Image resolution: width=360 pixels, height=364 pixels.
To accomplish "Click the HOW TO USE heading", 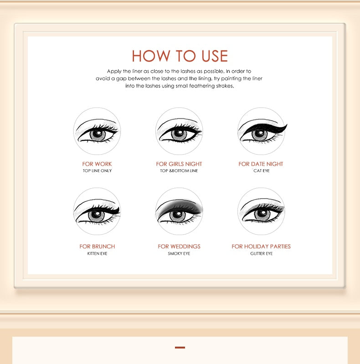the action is pyautogui.click(x=180, y=56).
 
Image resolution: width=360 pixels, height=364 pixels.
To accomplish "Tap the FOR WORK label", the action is pyautogui.click(x=97, y=164).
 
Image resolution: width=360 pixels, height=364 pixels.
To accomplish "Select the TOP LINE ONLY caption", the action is pyautogui.click(x=97, y=171).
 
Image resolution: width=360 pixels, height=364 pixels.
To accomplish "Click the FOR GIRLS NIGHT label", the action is pyautogui.click(x=179, y=164).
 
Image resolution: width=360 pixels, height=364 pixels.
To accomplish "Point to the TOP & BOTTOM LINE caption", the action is pyautogui.click(x=179, y=171).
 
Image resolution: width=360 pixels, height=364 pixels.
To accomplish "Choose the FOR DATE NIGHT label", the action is pyautogui.click(x=261, y=164).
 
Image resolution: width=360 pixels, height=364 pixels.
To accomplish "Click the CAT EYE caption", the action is pyautogui.click(x=261, y=171).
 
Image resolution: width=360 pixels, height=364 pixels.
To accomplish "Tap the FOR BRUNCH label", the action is pyautogui.click(x=97, y=246).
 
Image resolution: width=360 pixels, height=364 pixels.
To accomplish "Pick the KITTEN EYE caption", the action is pyautogui.click(x=97, y=253).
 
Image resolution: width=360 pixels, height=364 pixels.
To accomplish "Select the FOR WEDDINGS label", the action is pyautogui.click(x=179, y=246).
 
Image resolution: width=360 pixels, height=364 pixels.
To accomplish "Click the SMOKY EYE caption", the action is pyautogui.click(x=179, y=253).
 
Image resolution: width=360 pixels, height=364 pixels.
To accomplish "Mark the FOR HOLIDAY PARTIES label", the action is pyautogui.click(x=261, y=246).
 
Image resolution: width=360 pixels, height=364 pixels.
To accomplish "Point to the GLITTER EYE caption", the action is pyautogui.click(x=261, y=253).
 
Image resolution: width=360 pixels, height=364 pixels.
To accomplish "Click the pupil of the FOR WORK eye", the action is pyautogui.click(x=98, y=134).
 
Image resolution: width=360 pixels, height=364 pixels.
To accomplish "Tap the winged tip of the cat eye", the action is pyautogui.click(x=287, y=125).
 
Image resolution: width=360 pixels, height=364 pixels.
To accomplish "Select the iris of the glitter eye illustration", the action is pyautogui.click(x=262, y=214).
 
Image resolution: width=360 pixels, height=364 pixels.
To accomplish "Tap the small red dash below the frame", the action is pyautogui.click(x=180, y=348).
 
